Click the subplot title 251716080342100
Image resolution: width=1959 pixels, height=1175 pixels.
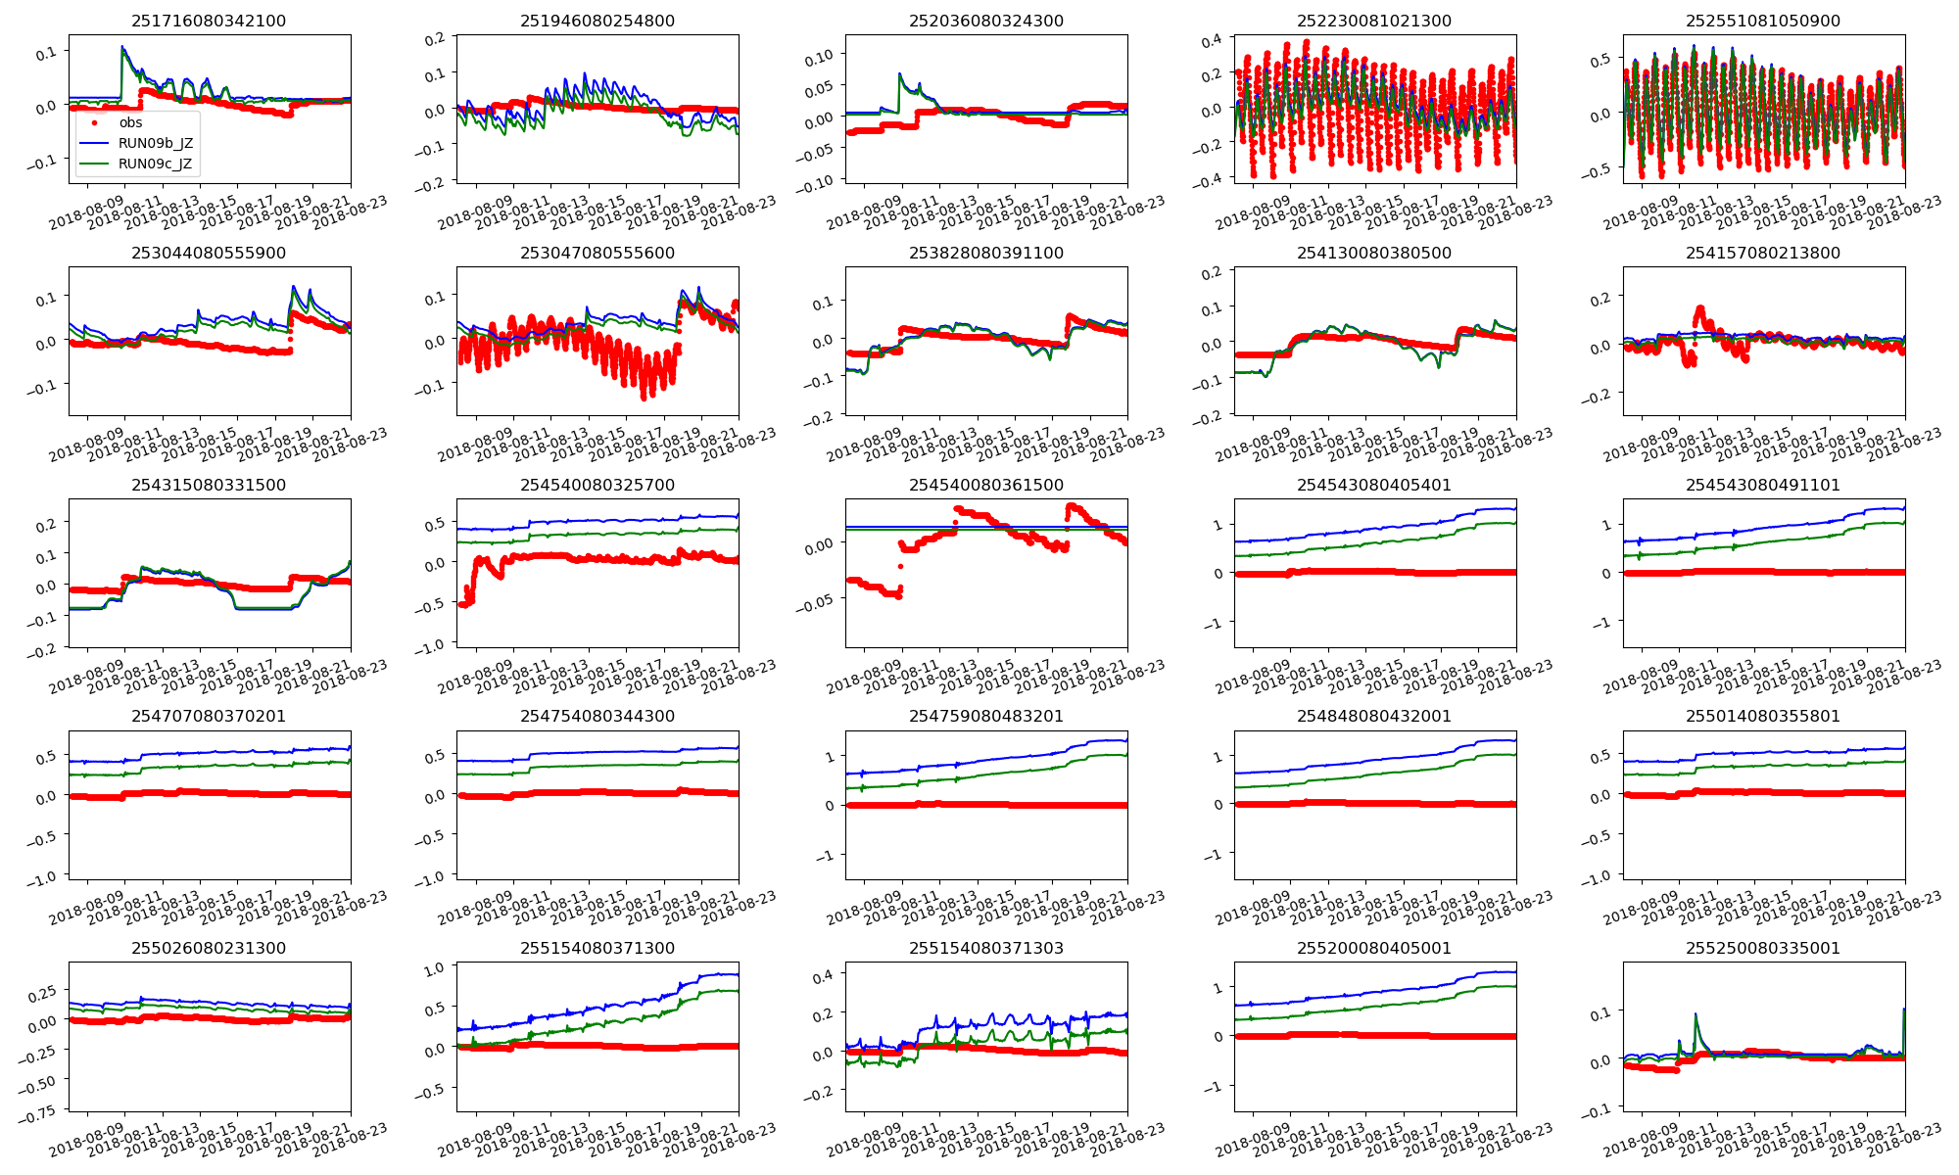[x=209, y=21]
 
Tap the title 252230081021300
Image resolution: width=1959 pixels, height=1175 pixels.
[x=1374, y=21]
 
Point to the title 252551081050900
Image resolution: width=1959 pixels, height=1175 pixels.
[x=1763, y=21]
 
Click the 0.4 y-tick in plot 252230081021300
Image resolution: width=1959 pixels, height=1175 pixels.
[x=1212, y=40]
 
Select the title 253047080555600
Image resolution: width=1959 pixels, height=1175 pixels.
[x=597, y=253]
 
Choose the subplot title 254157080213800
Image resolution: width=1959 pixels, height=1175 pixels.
[x=1763, y=253]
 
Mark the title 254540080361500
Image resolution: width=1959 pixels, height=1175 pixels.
[x=986, y=485]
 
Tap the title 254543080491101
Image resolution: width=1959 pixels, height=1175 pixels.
[x=1763, y=485]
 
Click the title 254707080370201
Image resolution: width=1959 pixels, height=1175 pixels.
[x=209, y=716]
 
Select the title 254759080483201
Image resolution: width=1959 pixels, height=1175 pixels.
[x=986, y=716]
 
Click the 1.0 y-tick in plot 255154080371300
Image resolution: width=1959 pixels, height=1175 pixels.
[x=434, y=967]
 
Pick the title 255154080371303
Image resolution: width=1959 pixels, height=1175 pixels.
[x=986, y=948]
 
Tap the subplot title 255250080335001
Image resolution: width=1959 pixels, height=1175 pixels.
[x=1763, y=948]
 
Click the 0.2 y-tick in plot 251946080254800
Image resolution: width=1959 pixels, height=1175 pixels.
[x=435, y=38]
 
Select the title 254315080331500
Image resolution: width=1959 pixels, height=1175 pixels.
[x=209, y=485]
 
